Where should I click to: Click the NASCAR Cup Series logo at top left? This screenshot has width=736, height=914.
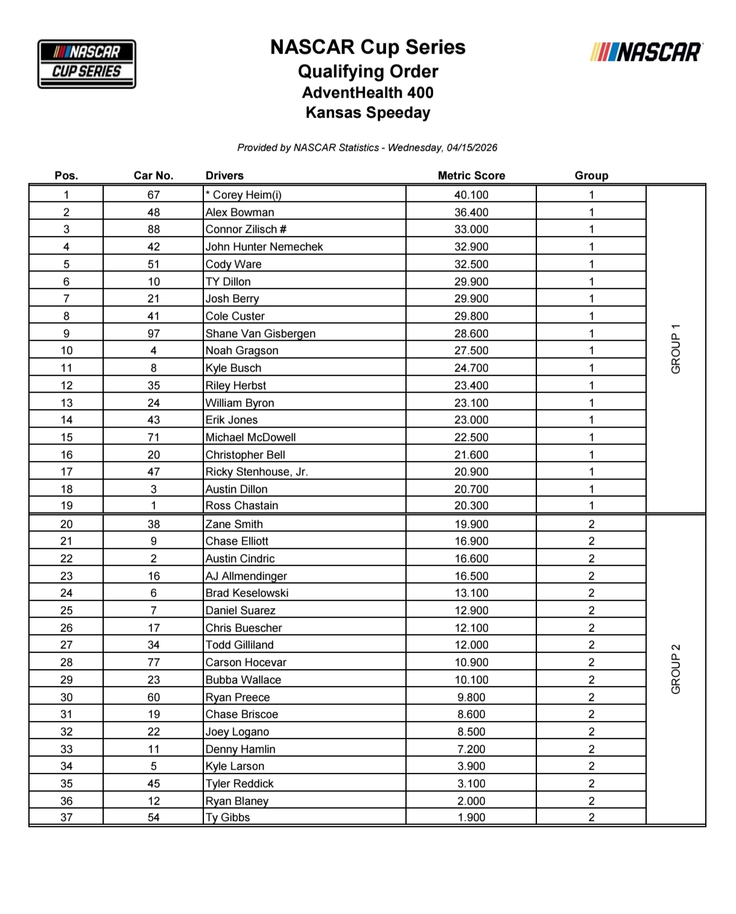pos(87,64)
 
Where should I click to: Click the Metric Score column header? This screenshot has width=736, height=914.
pos(471,176)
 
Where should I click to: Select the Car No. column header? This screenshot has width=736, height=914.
pos(153,176)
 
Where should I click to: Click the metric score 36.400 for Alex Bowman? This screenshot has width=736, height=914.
pos(471,212)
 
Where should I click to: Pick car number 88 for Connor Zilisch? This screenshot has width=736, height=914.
pos(153,229)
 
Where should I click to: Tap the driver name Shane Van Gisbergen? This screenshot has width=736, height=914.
pos(260,334)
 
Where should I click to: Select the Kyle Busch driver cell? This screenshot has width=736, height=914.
pos(233,368)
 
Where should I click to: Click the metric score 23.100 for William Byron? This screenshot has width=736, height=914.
pos(471,403)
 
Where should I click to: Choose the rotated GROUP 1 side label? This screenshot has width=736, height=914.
pos(676,349)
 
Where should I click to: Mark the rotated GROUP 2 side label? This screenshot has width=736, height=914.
pos(676,669)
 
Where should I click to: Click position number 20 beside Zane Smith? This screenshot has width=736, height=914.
pos(66,524)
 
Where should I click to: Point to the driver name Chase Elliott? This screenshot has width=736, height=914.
pos(237,541)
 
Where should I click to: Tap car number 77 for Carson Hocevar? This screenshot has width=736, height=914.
pos(153,662)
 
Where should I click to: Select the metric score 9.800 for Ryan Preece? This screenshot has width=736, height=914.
pos(471,697)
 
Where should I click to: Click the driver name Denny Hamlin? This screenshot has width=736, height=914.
pos(240,749)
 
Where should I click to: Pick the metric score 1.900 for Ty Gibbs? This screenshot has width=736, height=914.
pos(471,817)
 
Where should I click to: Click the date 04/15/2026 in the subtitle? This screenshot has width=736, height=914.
pos(472,148)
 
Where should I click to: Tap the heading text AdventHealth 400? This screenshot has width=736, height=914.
pos(367,92)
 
